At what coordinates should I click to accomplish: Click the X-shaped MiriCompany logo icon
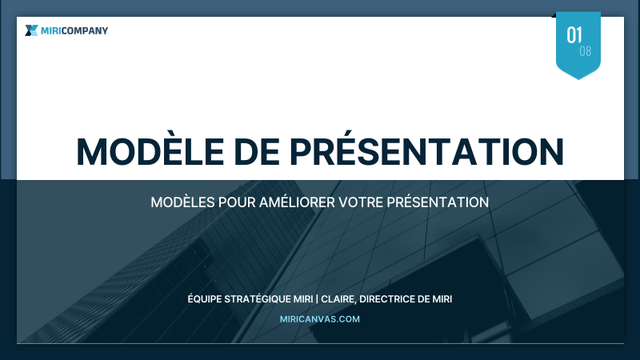point(31,30)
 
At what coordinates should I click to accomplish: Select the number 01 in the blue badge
point(574,34)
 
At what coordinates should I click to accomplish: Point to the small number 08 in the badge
point(586,51)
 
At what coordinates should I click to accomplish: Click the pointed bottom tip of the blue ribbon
point(578,78)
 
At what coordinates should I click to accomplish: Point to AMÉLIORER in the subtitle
point(297,202)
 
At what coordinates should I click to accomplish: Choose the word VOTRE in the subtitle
point(361,202)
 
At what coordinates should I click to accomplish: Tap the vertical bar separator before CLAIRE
point(318,299)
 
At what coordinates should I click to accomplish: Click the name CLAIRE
point(338,299)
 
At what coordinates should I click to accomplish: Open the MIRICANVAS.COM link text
point(320,318)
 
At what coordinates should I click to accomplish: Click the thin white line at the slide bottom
point(320,343)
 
